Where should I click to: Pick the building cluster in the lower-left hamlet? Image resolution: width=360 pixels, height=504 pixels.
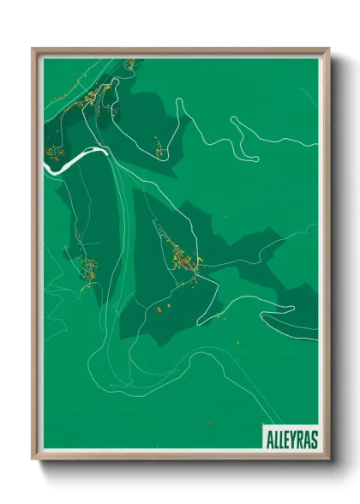(x=88, y=268)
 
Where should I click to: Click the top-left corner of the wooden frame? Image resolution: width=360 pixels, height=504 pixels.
(x=33, y=49)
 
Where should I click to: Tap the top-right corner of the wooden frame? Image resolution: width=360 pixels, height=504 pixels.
(x=328, y=49)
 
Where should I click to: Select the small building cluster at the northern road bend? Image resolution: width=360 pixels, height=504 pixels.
(x=159, y=153)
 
